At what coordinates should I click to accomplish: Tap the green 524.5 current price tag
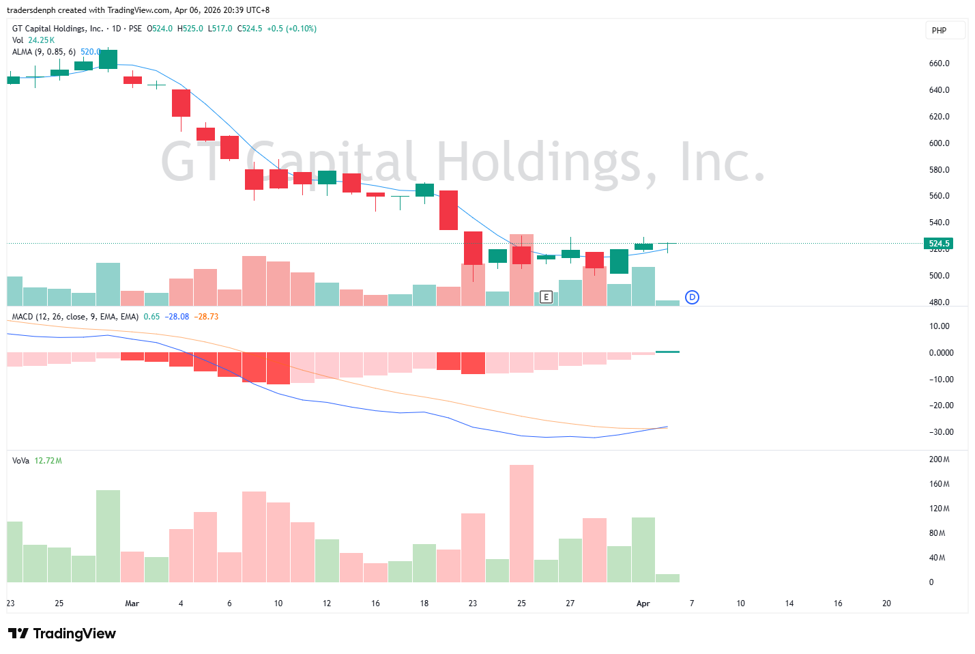[x=938, y=244]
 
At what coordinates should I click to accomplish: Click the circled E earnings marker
[x=546, y=297]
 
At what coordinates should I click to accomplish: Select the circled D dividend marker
[x=692, y=297]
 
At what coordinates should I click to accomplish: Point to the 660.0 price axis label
[x=939, y=63]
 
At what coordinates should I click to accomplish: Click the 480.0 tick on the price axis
[x=939, y=302]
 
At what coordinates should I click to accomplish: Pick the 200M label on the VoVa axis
[x=939, y=459]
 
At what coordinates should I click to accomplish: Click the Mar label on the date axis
[x=132, y=603]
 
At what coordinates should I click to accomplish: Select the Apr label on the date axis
[x=643, y=603]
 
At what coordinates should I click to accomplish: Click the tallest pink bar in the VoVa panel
[x=521, y=523]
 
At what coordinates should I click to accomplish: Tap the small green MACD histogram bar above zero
[x=667, y=352]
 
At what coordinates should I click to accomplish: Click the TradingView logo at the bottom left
[x=62, y=634]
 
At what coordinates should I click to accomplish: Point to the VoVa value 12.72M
[x=48, y=461]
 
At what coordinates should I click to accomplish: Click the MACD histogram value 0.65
[x=151, y=317]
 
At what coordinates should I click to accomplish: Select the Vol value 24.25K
[x=41, y=40]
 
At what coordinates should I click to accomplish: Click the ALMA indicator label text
[x=44, y=52]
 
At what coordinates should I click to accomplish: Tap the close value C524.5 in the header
[x=250, y=29]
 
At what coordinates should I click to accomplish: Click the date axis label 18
[x=424, y=603]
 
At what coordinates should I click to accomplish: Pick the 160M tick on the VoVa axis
[x=939, y=484]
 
